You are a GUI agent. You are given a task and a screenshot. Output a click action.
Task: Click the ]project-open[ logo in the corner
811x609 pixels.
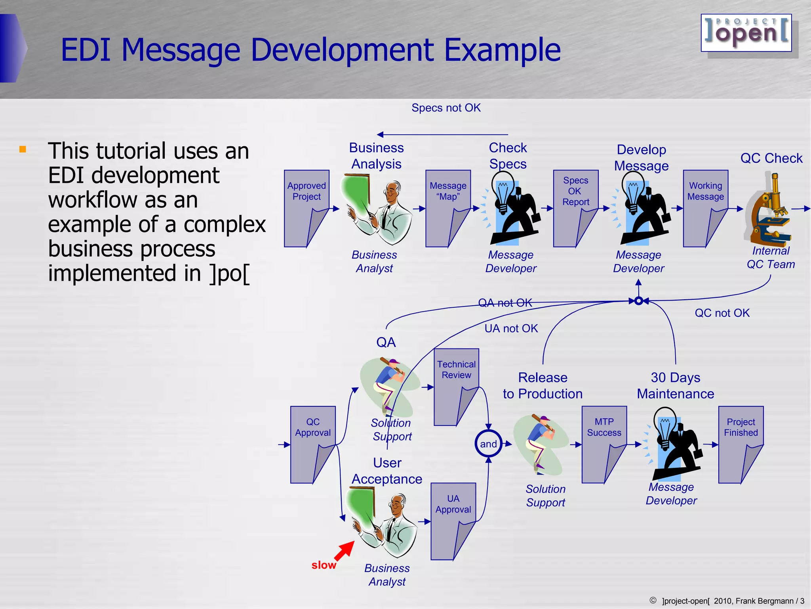746,33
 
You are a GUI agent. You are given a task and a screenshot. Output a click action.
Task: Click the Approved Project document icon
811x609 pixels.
306,208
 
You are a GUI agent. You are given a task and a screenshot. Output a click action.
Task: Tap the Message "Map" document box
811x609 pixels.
448,208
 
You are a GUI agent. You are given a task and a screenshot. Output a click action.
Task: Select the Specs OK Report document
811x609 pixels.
575,208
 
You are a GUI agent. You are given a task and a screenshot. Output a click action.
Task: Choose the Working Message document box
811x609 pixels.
705,208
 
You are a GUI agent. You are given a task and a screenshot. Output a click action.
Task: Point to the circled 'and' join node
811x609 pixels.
488,444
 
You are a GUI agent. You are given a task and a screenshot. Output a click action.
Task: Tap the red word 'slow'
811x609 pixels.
324,565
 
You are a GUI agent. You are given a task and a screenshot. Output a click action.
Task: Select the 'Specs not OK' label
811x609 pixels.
446,108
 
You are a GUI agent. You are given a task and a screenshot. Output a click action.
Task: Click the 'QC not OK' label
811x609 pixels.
722,313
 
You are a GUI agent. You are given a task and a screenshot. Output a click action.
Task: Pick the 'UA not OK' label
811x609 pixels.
511,328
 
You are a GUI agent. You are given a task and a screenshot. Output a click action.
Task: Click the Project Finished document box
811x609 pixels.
741,444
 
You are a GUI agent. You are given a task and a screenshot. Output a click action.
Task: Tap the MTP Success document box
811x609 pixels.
604,444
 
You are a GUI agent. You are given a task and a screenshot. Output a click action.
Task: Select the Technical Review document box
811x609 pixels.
456,387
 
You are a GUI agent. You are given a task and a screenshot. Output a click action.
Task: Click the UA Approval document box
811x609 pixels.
453,521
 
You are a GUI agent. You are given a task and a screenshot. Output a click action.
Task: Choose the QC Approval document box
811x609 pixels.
313,444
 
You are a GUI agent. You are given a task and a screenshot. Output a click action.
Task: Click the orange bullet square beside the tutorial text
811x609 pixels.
23,149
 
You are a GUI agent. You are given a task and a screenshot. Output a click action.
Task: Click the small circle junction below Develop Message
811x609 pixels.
638,301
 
